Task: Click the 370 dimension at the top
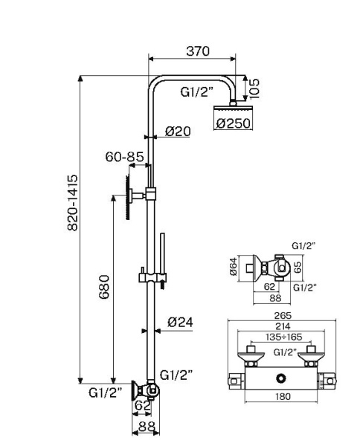pos(197,51)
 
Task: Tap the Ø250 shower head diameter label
pos(233,124)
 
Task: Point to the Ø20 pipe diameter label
pos(178,132)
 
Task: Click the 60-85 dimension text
pos(124,157)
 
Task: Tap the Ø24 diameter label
pos(180,322)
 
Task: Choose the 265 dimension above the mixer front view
pos(282,315)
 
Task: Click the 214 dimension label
pos(282,326)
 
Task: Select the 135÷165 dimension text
pos(282,336)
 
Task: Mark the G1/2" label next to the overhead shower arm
pos(197,92)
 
